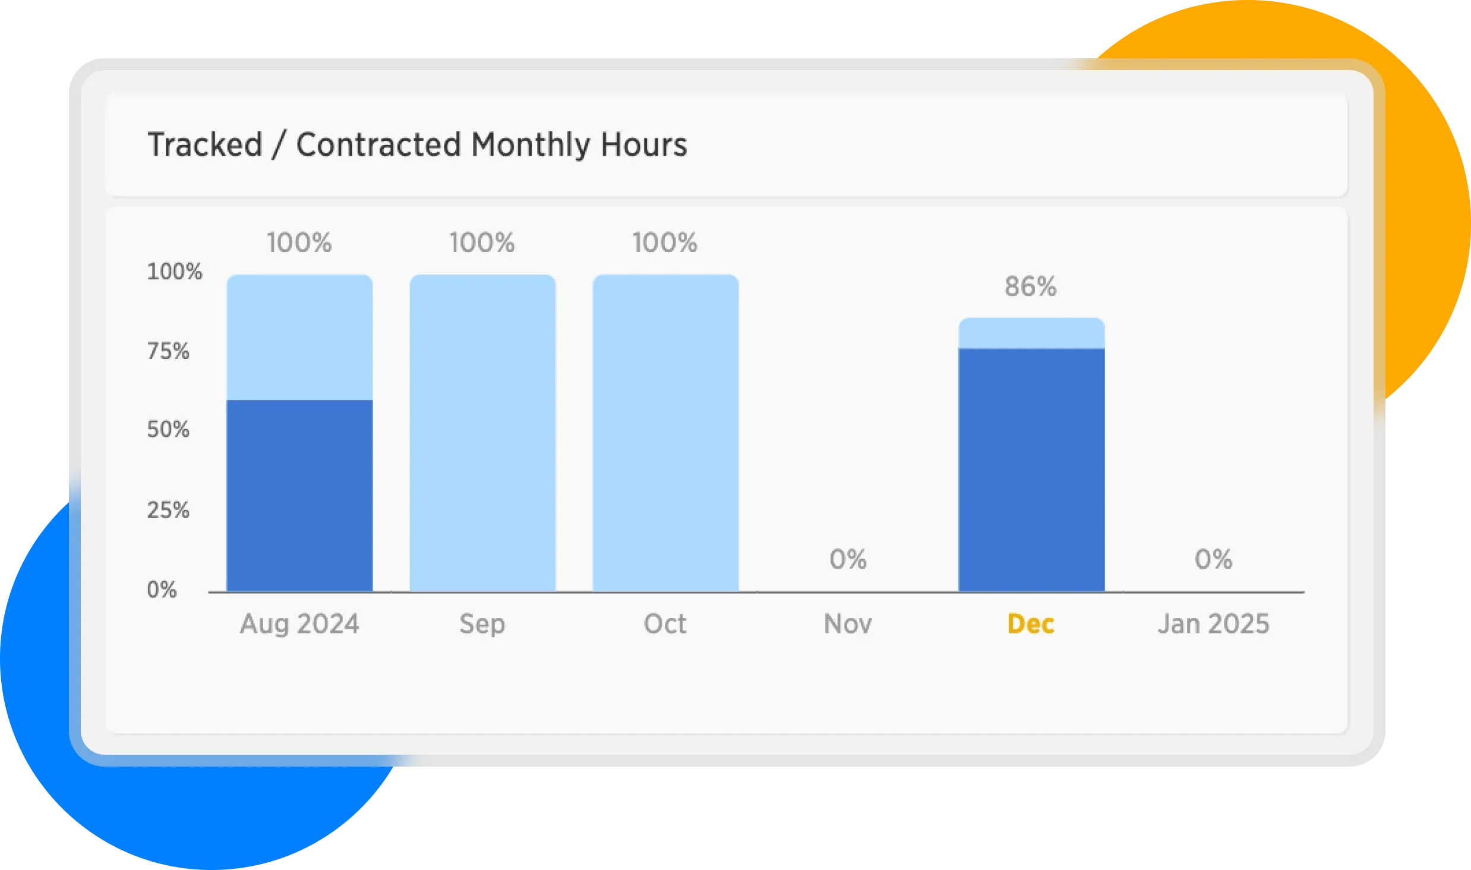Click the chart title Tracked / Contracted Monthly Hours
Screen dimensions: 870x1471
pyautogui.click(x=417, y=144)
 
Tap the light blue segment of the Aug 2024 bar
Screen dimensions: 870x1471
pyautogui.click(x=299, y=336)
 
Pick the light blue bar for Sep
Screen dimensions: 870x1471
pyautogui.click(x=482, y=433)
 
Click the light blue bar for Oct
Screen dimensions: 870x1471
pyautogui.click(x=665, y=433)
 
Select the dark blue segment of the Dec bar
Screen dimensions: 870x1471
pyautogui.click(x=1031, y=469)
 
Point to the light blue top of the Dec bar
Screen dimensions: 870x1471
pyautogui.click(x=1031, y=333)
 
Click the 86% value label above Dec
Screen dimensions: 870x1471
pyautogui.click(x=1031, y=286)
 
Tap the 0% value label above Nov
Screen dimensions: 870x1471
pyautogui.click(x=848, y=559)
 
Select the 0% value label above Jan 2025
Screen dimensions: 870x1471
pyautogui.click(x=1213, y=559)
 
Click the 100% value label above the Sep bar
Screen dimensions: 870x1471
pyautogui.click(x=482, y=242)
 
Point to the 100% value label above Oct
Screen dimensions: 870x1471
pyautogui.click(x=665, y=242)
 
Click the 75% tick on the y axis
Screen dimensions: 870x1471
pyautogui.click(x=168, y=351)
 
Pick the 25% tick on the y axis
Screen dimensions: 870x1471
pyautogui.click(x=168, y=510)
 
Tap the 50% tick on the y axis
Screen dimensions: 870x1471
pyautogui.click(x=168, y=429)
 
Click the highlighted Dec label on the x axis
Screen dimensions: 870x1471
pyautogui.click(x=1031, y=624)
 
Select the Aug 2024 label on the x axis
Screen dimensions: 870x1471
pyautogui.click(x=299, y=624)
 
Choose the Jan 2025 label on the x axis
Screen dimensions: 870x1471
pyautogui.click(x=1213, y=624)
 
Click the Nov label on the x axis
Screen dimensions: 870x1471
pyautogui.click(x=848, y=624)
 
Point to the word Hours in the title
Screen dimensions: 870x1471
pyautogui.click(x=643, y=144)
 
